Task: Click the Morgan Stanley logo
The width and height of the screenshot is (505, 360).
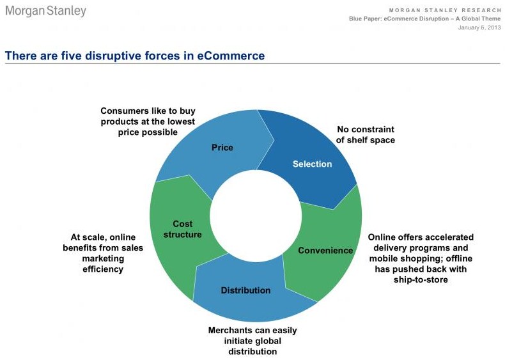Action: pos(45,12)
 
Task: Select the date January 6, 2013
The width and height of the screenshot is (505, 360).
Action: pos(479,27)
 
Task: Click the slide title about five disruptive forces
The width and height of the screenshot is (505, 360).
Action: pos(134,56)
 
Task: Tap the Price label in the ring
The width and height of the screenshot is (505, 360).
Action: pos(222,148)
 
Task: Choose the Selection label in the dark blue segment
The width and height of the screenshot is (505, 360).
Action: pos(312,164)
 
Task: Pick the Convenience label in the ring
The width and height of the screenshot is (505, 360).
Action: pos(325,250)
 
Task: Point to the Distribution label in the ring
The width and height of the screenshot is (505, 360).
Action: pos(245,290)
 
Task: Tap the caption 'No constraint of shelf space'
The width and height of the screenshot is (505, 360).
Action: pos(366,134)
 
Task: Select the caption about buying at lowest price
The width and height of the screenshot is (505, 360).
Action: pos(148,121)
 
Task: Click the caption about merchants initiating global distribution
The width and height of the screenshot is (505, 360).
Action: pos(252,341)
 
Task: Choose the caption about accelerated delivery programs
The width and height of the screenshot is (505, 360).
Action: pos(420,258)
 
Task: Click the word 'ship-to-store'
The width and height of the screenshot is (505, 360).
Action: pos(420,280)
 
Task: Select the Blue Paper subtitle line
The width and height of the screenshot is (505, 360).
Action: pos(424,19)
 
